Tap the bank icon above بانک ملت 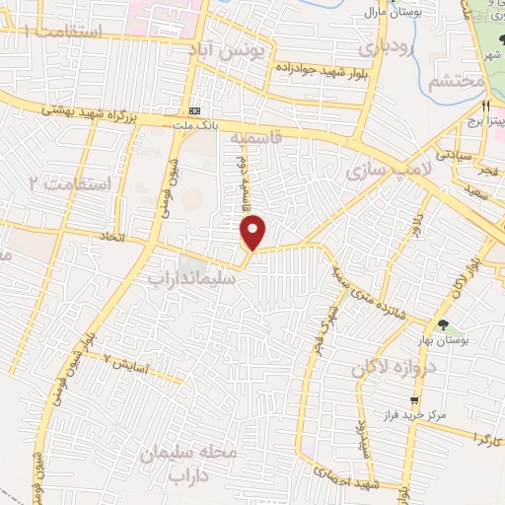195,109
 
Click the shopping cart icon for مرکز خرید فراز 414,399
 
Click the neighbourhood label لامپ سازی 390,170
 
